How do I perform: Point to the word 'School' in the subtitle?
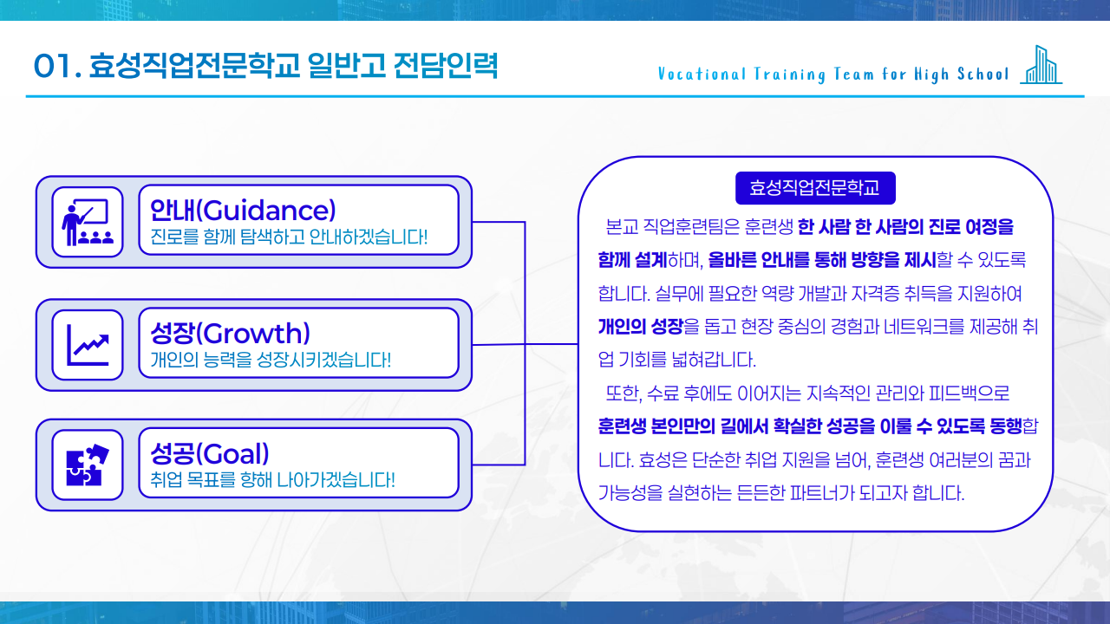pyautogui.click(x=983, y=74)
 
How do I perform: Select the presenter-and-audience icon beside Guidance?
pyautogui.click(x=88, y=222)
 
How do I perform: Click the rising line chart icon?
pyautogui.click(x=88, y=344)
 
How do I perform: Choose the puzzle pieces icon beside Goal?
pyautogui.click(x=88, y=465)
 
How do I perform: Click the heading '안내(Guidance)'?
pyautogui.click(x=243, y=210)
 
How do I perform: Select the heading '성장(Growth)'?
pyautogui.click(x=230, y=333)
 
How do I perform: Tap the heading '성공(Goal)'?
pyautogui.click(x=210, y=452)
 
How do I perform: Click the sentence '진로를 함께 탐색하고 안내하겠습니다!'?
pyautogui.click(x=289, y=237)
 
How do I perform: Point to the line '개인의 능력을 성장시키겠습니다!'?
pyautogui.click(x=271, y=359)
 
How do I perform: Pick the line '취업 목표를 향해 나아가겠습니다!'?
pyautogui.click(x=272, y=478)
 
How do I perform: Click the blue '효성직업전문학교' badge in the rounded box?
pyautogui.click(x=815, y=188)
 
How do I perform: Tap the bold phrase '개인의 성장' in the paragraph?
pyautogui.click(x=640, y=327)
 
